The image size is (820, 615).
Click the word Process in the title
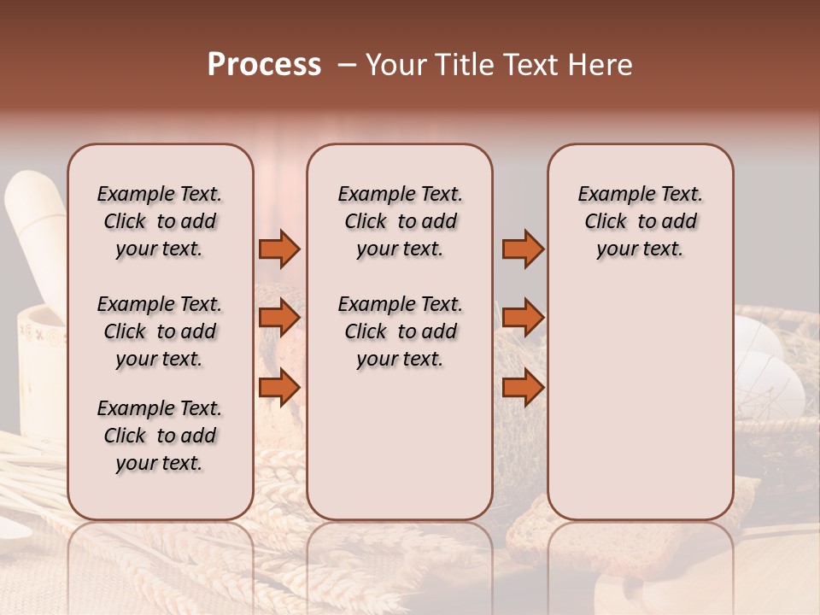[264, 65]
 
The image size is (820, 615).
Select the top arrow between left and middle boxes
[279, 249]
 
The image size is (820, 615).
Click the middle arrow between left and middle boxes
[279, 318]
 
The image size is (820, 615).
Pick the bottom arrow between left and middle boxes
[279, 388]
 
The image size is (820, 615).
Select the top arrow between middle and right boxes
[523, 249]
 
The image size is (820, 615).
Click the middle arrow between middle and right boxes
[523, 318]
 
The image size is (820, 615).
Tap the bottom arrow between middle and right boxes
[523, 388]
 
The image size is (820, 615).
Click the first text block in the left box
[160, 221]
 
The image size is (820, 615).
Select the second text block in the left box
[160, 331]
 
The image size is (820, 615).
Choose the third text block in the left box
[160, 436]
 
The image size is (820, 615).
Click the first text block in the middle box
[400, 221]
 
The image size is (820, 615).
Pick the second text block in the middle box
[400, 331]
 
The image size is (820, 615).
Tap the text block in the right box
[640, 221]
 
